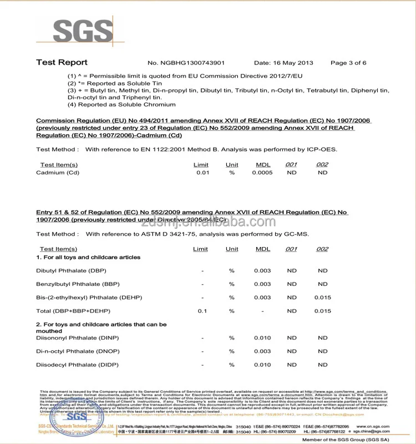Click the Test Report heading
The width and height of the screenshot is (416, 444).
(62, 63)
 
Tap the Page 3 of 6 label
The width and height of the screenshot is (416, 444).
(348, 63)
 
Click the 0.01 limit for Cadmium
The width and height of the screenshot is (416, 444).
(202, 173)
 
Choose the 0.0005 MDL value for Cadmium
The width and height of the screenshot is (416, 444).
(262, 173)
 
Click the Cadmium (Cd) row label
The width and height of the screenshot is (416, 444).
(58, 173)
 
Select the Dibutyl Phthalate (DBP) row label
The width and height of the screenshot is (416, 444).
(71, 271)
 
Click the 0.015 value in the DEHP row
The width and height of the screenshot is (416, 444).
(323, 297)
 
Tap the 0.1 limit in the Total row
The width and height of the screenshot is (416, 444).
(202, 311)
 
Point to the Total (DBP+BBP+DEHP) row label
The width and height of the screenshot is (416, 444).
(73, 311)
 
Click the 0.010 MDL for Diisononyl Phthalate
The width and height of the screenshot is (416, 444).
(262, 338)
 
